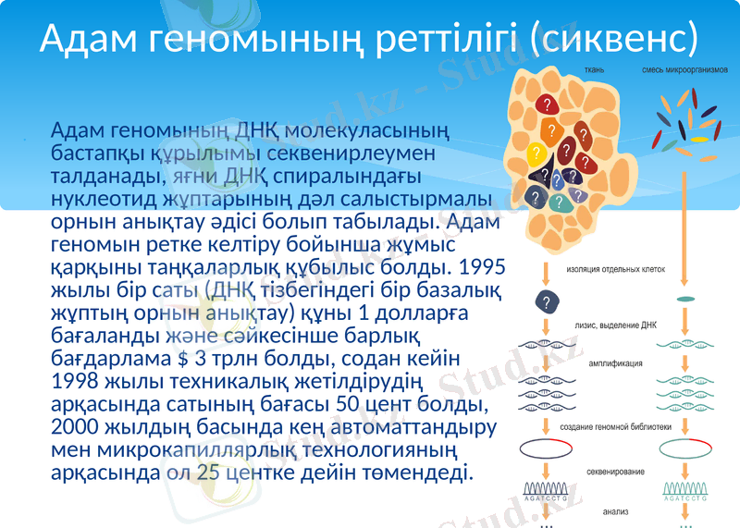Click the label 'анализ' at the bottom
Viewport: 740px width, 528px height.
[615, 510]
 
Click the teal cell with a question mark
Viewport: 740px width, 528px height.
[557, 202]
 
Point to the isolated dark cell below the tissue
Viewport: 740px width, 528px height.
[547, 301]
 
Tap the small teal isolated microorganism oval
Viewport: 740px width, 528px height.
[685, 300]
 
